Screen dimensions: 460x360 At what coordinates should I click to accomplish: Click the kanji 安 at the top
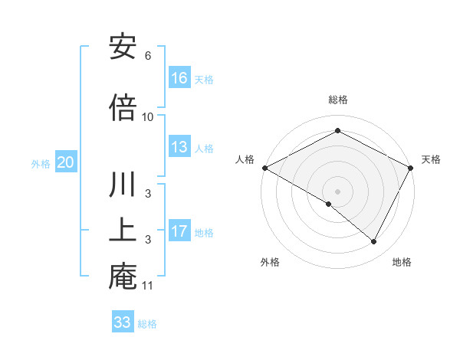click(123, 47)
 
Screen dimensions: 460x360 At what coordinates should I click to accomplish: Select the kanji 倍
click(123, 107)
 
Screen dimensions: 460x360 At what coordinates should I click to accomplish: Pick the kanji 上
click(123, 231)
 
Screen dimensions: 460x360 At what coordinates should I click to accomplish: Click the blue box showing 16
click(179, 78)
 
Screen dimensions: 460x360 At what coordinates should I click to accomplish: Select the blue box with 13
click(179, 147)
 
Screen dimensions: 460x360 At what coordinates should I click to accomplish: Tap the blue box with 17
click(179, 231)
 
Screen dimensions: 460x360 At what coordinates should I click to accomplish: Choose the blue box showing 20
click(66, 162)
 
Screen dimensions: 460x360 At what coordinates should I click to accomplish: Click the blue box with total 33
click(123, 322)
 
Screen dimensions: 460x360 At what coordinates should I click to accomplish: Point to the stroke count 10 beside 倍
click(148, 116)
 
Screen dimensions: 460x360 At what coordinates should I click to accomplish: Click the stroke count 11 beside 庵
click(148, 286)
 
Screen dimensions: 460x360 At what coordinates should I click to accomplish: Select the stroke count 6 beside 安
click(148, 56)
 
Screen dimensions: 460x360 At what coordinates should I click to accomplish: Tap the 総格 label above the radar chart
click(338, 100)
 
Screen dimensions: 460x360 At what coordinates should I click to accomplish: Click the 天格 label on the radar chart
click(431, 159)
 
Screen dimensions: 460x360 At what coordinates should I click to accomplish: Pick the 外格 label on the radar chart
click(270, 262)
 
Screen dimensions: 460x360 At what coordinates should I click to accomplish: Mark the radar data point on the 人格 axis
click(264, 168)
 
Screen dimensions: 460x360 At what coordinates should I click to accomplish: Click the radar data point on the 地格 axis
click(374, 241)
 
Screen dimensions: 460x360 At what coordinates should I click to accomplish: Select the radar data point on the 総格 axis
click(338, 131)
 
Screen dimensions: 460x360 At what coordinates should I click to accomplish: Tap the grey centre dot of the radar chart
click(338, 191)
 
